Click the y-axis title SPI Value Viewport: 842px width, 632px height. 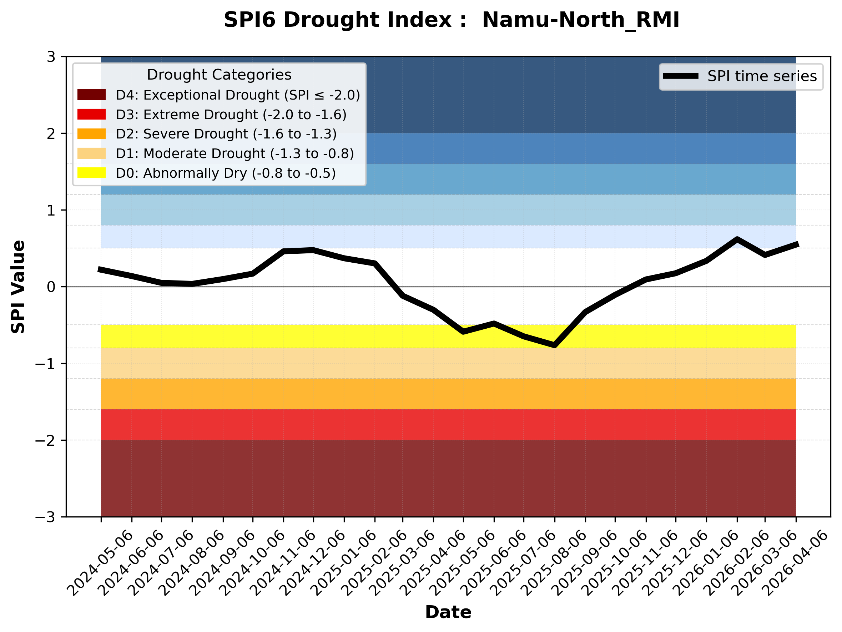pos(18,287)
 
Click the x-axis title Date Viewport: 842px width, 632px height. pos(448,612)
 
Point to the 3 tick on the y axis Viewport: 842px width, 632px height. pos(51,57)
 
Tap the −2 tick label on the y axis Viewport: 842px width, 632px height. pos(45,441)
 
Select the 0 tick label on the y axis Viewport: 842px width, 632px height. pos(51,287)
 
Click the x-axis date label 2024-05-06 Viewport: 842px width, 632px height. pos(101,563)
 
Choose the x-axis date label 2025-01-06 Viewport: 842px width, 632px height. pos(344,563)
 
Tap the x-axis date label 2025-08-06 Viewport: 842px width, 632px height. pos(554,563)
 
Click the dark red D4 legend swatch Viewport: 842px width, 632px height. pos(91,95)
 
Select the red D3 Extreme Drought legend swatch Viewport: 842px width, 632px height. pos(91,114)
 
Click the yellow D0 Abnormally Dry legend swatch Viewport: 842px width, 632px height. pos(91,173)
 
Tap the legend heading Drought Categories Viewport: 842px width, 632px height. pos(219,75)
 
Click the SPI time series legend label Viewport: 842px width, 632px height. pos(762,76)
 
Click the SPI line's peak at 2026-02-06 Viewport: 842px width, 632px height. pos(737,239)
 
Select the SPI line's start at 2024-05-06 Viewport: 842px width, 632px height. pos(100,269)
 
